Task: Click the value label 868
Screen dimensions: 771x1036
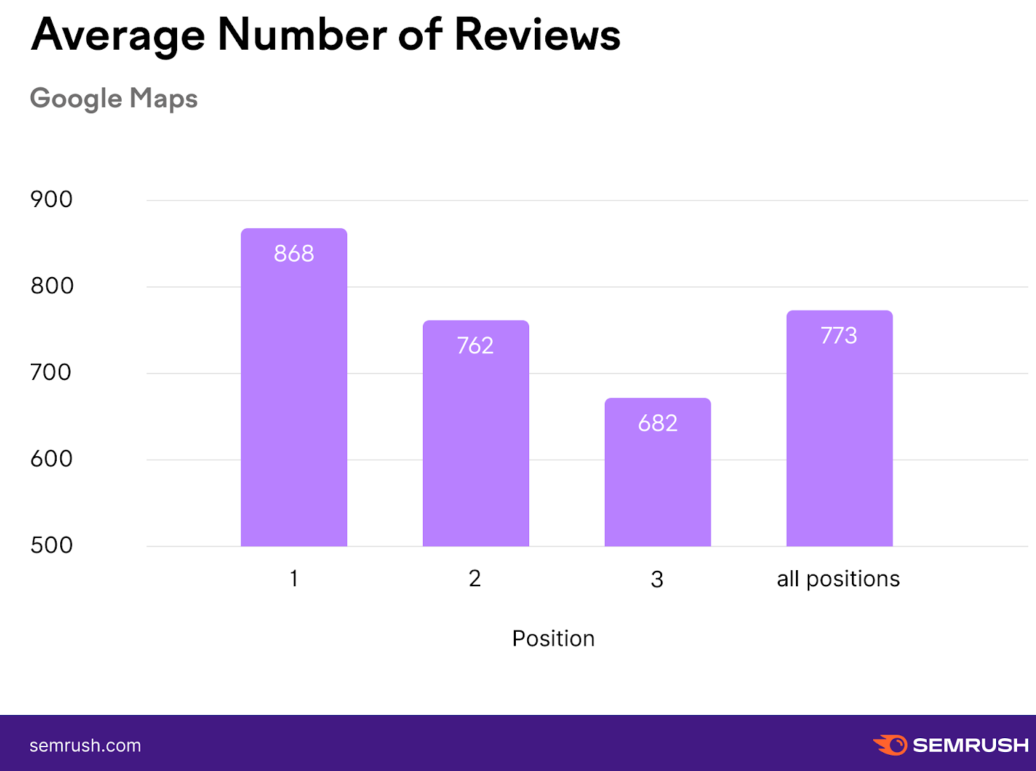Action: click(294, 253)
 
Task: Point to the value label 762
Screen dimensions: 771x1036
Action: click(475, 346)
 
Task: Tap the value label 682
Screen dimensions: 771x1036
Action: click(657, 423)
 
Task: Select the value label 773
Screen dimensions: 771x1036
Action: click(839, 336)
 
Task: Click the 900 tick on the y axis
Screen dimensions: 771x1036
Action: click(51, 199)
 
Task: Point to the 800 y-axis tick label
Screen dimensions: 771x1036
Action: click(52, 286)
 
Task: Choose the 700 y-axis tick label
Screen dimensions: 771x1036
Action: click(50, 372)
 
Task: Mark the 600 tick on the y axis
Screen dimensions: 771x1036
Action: click(51, 459)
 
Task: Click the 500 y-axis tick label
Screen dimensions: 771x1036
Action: click(51, 546)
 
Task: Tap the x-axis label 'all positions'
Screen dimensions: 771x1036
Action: click(838, 579)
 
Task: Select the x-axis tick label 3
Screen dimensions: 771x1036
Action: click(657, 580)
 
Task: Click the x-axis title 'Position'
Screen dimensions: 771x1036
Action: click(553, 639)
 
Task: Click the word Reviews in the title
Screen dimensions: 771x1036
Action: click(537, 35)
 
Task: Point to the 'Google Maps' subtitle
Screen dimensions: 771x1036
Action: click(113, 99)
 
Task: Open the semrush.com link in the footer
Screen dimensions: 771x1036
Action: click(85, 746)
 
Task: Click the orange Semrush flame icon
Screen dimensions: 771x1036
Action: click(890, 745)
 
